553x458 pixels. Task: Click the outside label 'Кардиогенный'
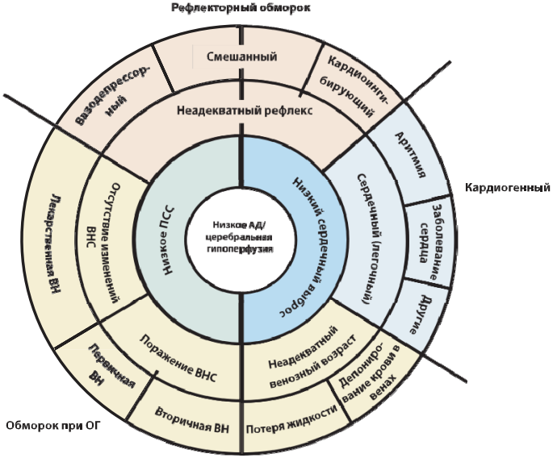pos(507,188)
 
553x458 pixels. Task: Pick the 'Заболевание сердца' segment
pos(427,240)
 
